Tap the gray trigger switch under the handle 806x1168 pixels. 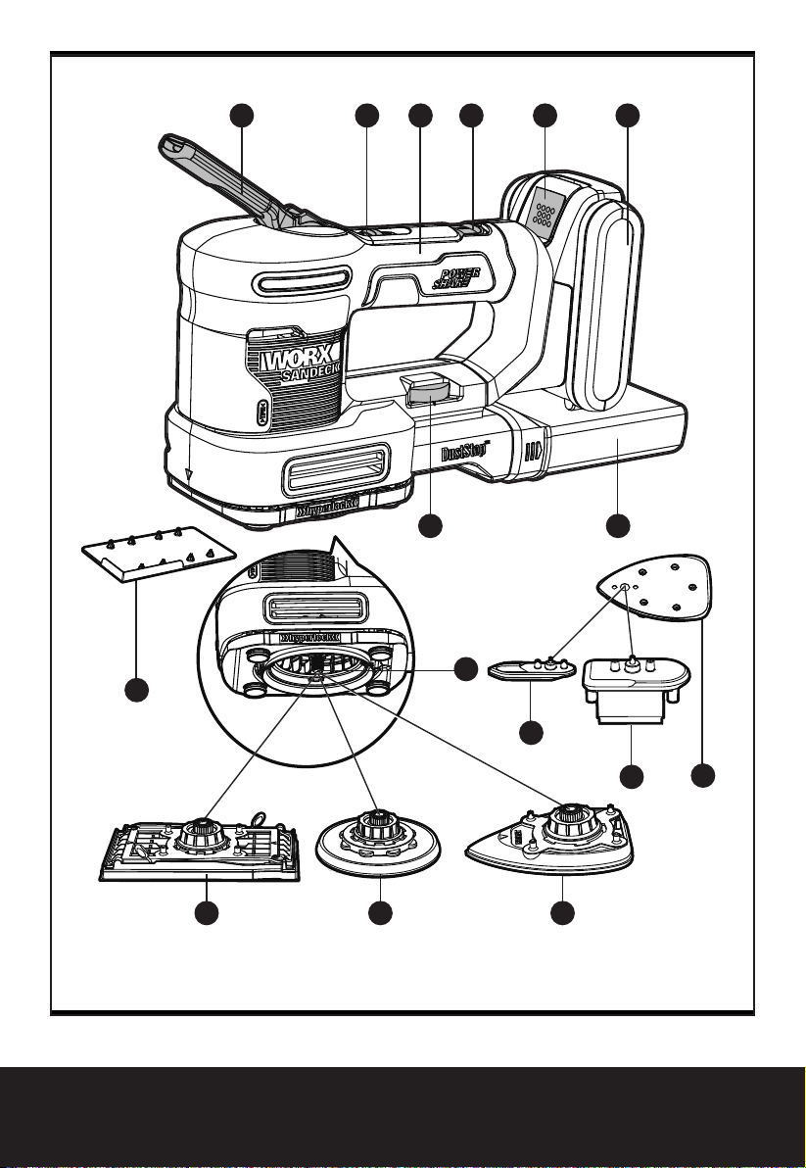(x=428, y=391)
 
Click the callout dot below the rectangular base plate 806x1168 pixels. (x=206, y=914)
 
